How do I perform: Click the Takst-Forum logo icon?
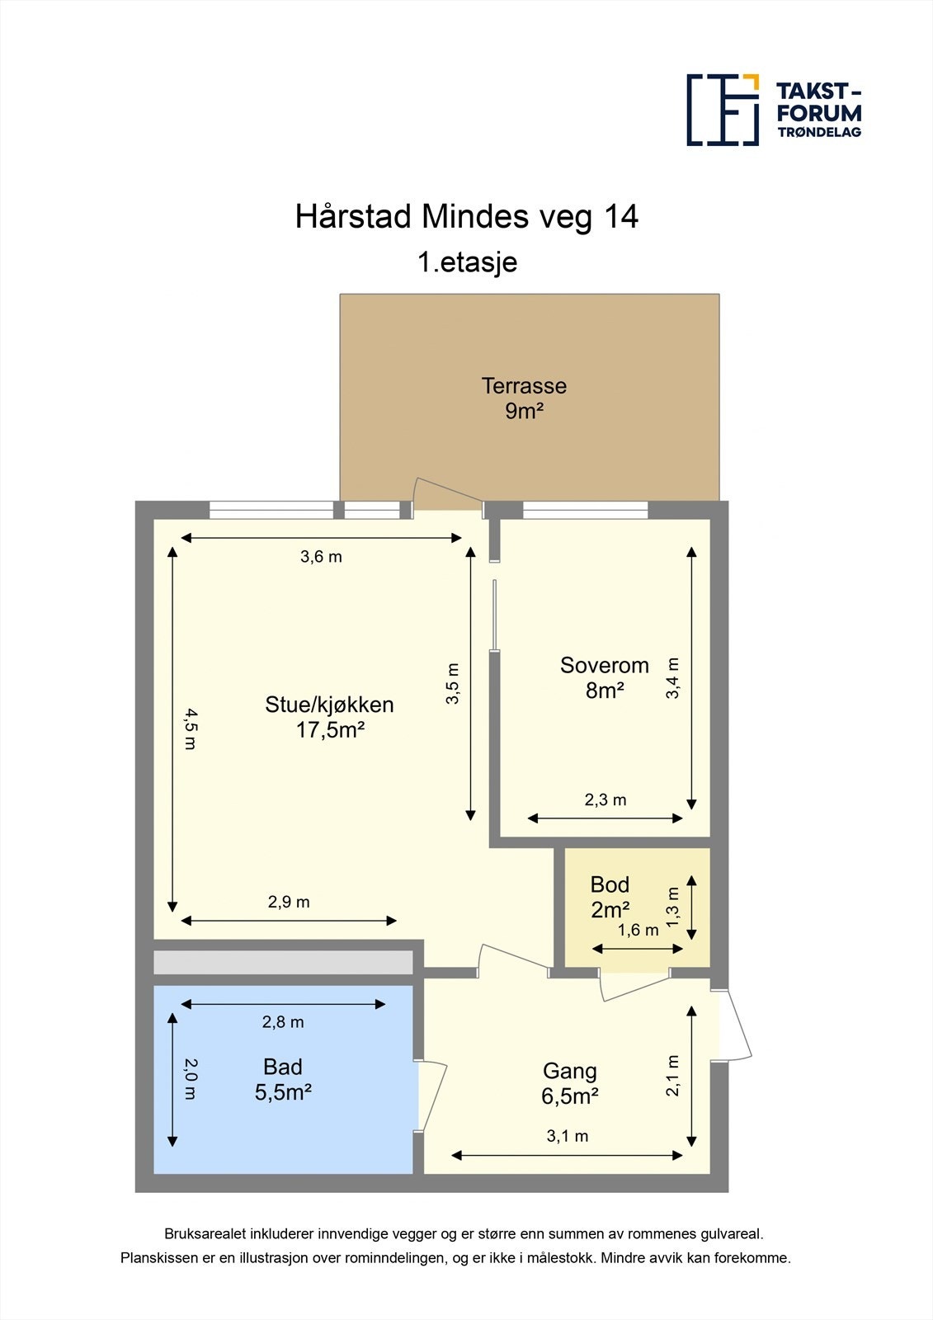click(x=723, y=110)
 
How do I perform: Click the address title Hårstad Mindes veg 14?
click(x=467, y=217)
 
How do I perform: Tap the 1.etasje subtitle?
click(x=467, y=262)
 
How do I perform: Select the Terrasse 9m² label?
click(x=524, y=398)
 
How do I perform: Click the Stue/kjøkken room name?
click(x=329, y=705)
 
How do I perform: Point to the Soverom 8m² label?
click(x=604, y=677)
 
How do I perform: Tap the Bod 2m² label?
click(x=610, y=897)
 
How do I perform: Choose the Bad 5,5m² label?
click(x=283, y=1079)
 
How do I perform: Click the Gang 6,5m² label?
click(x=569, y=1083)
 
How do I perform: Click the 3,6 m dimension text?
click(x=321, y=557)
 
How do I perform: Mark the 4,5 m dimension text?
click(x=190, y=728)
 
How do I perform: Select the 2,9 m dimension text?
click(x=289, y=902)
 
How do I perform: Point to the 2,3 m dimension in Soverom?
click(x=606, y=799)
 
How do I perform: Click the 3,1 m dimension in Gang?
click(x=568, y=1136)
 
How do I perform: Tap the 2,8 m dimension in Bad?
click(x=283, y=1022)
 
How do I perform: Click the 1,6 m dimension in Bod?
click(x=638, y=931)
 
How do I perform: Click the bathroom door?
click(x=432, y=1096)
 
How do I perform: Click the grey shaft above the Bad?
click(x=283, y=963)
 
